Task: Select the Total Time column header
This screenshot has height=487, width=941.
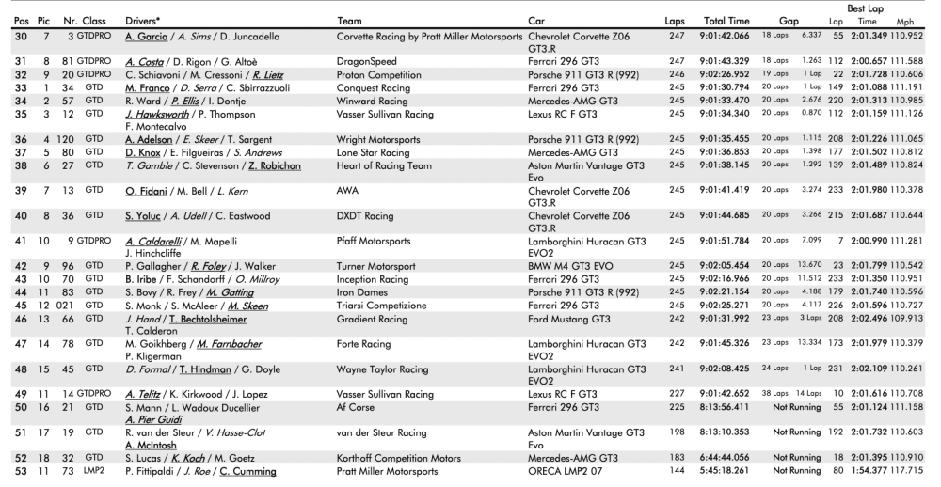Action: [x=726, y=20]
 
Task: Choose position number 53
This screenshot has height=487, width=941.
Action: [x=15, y=472]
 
